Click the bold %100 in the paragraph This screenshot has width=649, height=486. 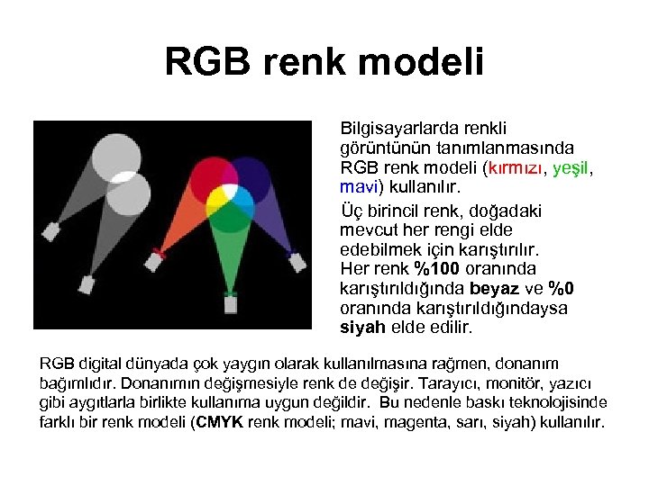436,268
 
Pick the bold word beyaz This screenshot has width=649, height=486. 494,289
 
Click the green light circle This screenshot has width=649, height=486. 233,211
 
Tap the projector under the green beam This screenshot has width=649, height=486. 232,304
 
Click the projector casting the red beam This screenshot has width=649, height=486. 156,260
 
